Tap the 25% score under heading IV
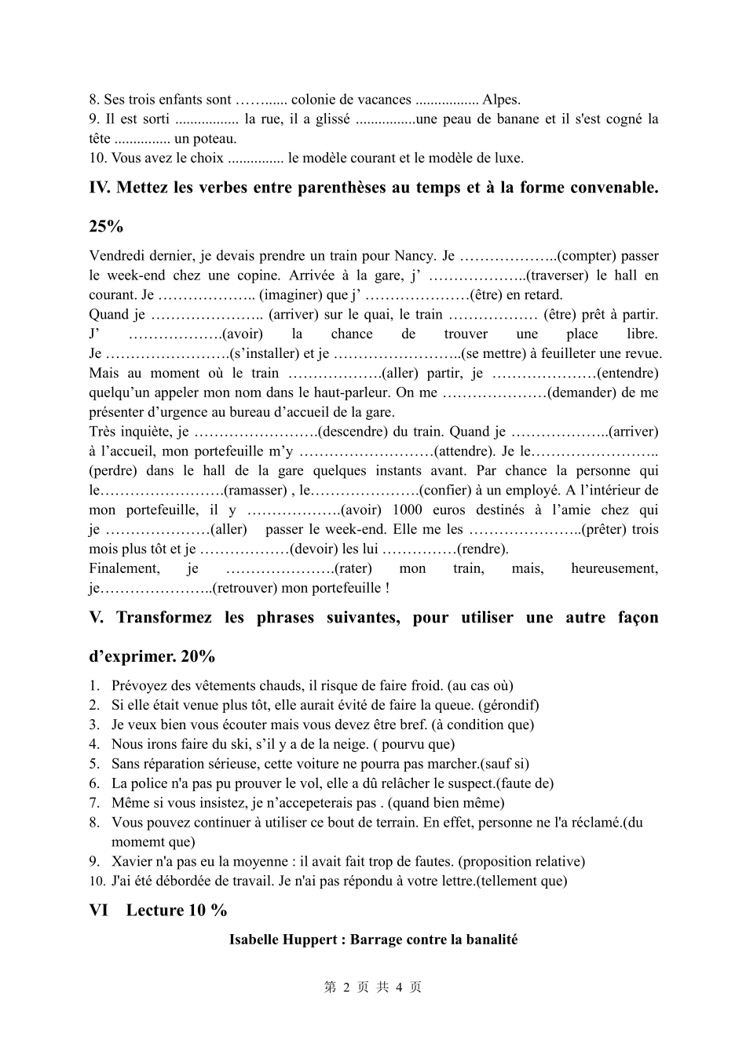pyautogui.click(x=106, y=227)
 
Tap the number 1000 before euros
pyautogui.click(x=407, y=510)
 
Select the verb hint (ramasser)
pyautogui.click(x=256, y=491)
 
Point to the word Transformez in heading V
pyautogui.click(x=163, y=618)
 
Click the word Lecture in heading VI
pyautogui.click(x=155, y=911)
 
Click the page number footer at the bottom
pyautogui.click(x=373, y=987)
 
